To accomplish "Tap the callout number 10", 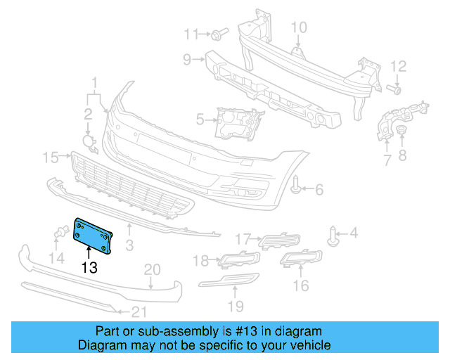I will [x=299, y=27].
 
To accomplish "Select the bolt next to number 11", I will [x=218, y=34].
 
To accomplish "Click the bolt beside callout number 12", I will [x=394, y=89].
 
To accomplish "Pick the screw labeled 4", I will [x=335, y=235].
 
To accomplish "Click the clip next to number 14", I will [x=61, y=232].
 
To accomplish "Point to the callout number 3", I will [x=129, y=245].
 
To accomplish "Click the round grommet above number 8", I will [x=401, y=134].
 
